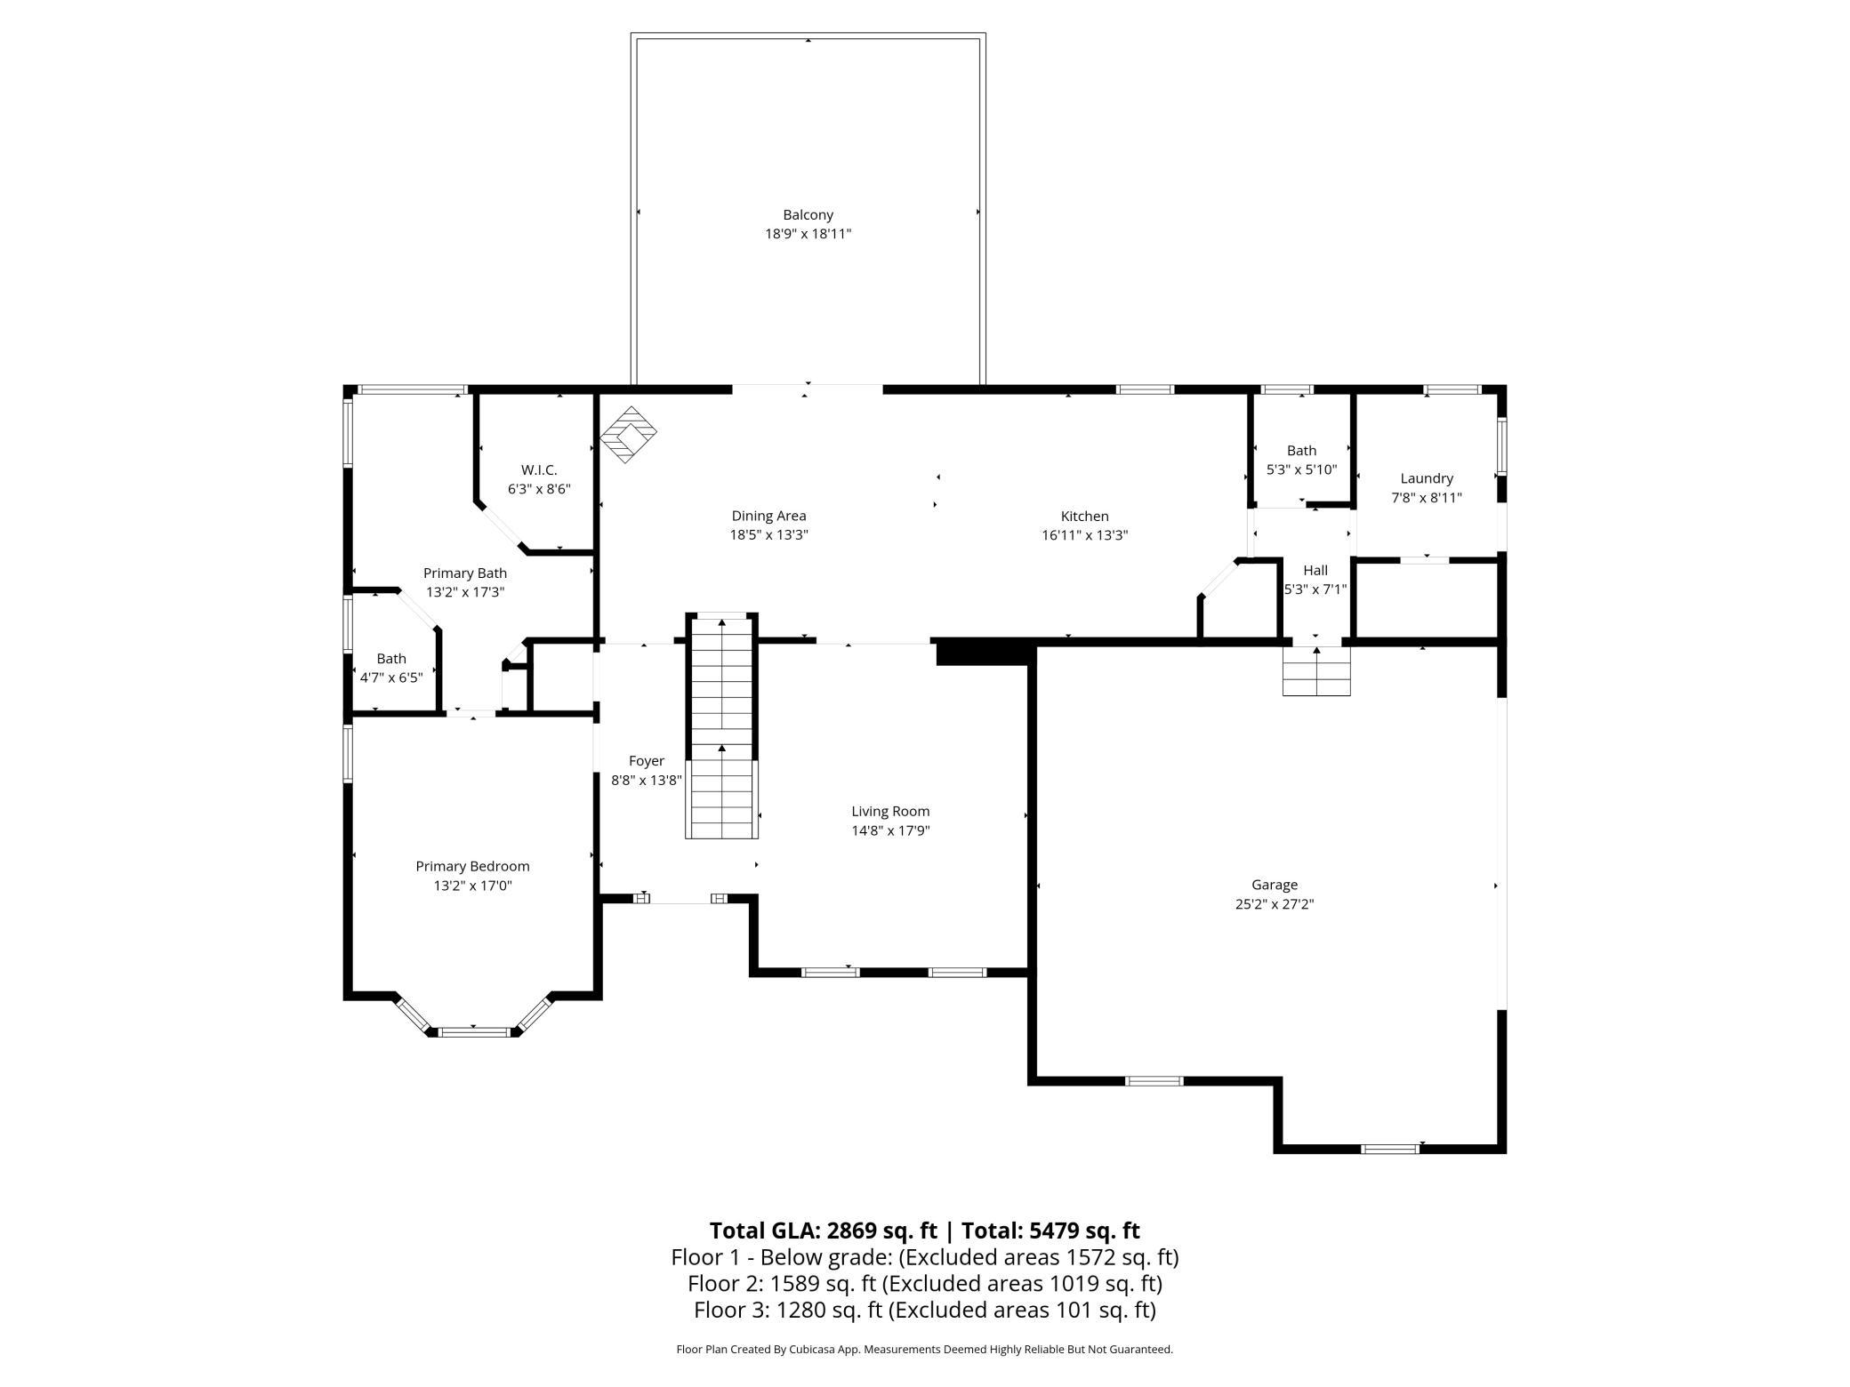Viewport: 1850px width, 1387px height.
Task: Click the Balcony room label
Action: click(x=808, y=214)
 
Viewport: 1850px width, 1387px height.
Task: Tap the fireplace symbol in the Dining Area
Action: click(x=629, y=434)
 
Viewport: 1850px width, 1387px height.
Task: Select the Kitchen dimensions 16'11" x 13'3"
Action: click(x=1084, y=535)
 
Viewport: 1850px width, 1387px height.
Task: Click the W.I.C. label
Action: click(x=539, y=469)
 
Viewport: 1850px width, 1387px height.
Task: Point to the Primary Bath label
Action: click(x=465, y=573)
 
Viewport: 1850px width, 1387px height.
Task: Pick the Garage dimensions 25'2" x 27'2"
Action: click(x=1275, y=904)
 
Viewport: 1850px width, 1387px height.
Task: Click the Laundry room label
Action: click(x=1427, y=478)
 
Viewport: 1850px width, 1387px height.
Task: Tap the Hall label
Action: click(x=1315, y=570)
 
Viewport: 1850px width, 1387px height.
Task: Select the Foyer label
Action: click(x=647, y=761)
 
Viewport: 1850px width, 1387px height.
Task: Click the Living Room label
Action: click(x=890, y=811)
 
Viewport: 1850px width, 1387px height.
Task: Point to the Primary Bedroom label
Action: click(x=472, y=866)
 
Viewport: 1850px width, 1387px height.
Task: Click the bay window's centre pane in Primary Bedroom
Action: click(x=475, y=1031)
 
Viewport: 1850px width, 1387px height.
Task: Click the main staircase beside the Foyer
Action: click(x=721, y=726)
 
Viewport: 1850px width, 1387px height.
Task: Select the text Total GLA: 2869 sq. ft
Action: click(x=824, y=1231)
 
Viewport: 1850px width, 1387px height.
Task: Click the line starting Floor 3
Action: click(x=925, y=1310)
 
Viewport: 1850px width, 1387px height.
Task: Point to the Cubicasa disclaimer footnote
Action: click(x=925, y=1350)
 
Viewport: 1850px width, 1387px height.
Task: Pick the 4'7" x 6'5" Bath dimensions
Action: click(x=391, y=677)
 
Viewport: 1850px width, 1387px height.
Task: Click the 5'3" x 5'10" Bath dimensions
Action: click(x=1301, y=469)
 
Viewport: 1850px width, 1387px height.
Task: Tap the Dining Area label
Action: click(x=768, y=516)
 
